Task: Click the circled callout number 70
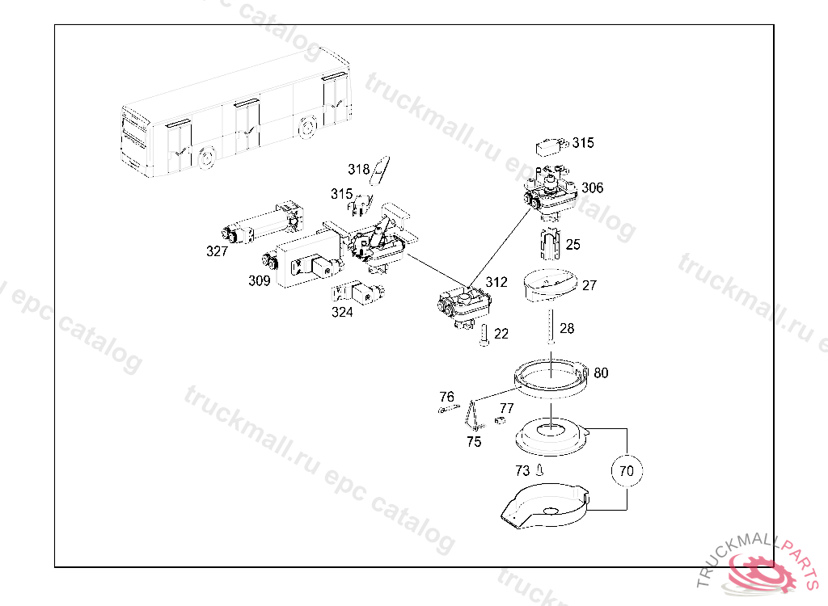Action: click(x=627, y=469)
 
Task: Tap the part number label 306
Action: click(x=592, y=188)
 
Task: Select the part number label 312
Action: click(x=496, y=282)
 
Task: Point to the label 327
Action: click(x=217, y=251)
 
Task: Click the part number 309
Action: click(x=259, y=281)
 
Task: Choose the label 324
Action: click(x=342, y=312)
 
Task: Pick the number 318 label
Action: click(x=359, y=170)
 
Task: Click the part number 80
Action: click(x=601, y=373)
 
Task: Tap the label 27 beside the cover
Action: click(x=589, y=285)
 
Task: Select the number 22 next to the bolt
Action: click(x=501, y=334)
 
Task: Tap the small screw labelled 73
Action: click(x=540, y=469)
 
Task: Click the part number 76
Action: click(x=447, y=397)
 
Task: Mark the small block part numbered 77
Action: click(x=500, y=419)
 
